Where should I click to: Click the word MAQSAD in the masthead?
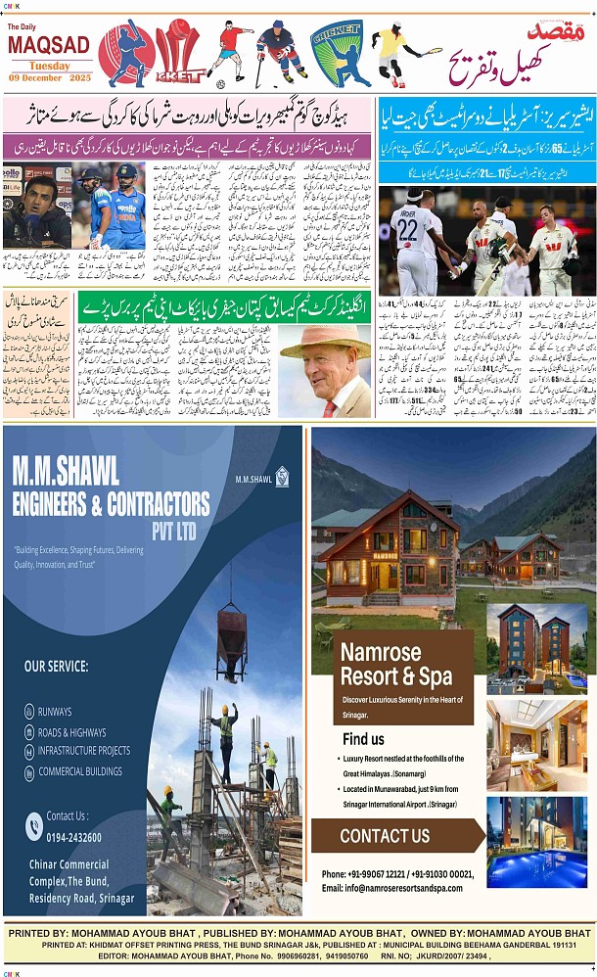click(48, 46)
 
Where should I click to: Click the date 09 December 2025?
click(48, 77)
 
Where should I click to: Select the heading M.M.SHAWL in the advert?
click(66, 472)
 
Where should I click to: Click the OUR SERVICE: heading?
click(57, 667)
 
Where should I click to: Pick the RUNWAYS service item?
click(55, 712)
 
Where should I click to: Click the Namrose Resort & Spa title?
click(396, 664)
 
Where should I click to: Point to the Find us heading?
click(363, 739)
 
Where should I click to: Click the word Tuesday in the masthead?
click(48, 65)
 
